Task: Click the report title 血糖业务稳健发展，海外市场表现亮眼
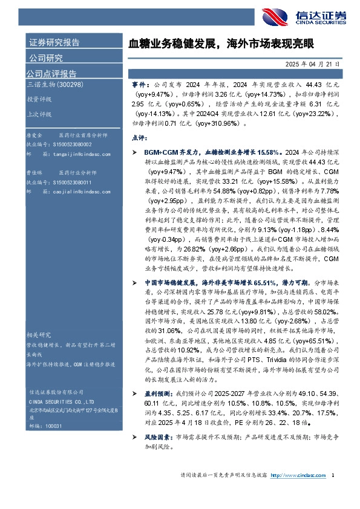click(222, 44)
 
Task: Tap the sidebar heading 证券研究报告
click(54, 43)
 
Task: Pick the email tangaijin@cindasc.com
click(75, 154)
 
